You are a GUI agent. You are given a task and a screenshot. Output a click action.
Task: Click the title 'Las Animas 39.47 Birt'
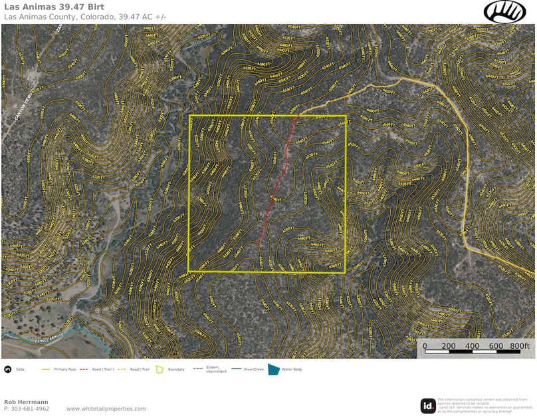[54, 7]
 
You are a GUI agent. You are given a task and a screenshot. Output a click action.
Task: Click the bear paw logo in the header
[504, 11]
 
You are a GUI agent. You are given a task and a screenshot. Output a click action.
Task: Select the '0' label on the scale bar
[425, 346]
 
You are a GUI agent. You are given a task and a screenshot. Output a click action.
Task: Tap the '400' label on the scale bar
[472, 346]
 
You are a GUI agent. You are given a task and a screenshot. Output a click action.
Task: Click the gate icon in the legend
[7, 369]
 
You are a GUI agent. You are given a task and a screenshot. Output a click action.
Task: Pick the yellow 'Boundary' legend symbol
[160, 369]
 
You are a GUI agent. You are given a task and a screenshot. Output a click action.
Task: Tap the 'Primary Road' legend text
[66, 369]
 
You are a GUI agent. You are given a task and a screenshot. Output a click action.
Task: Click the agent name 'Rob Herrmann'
[26, 402]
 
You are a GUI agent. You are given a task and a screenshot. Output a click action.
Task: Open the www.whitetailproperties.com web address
[106, 409]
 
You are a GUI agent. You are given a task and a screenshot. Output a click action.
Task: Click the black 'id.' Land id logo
[428, 405]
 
